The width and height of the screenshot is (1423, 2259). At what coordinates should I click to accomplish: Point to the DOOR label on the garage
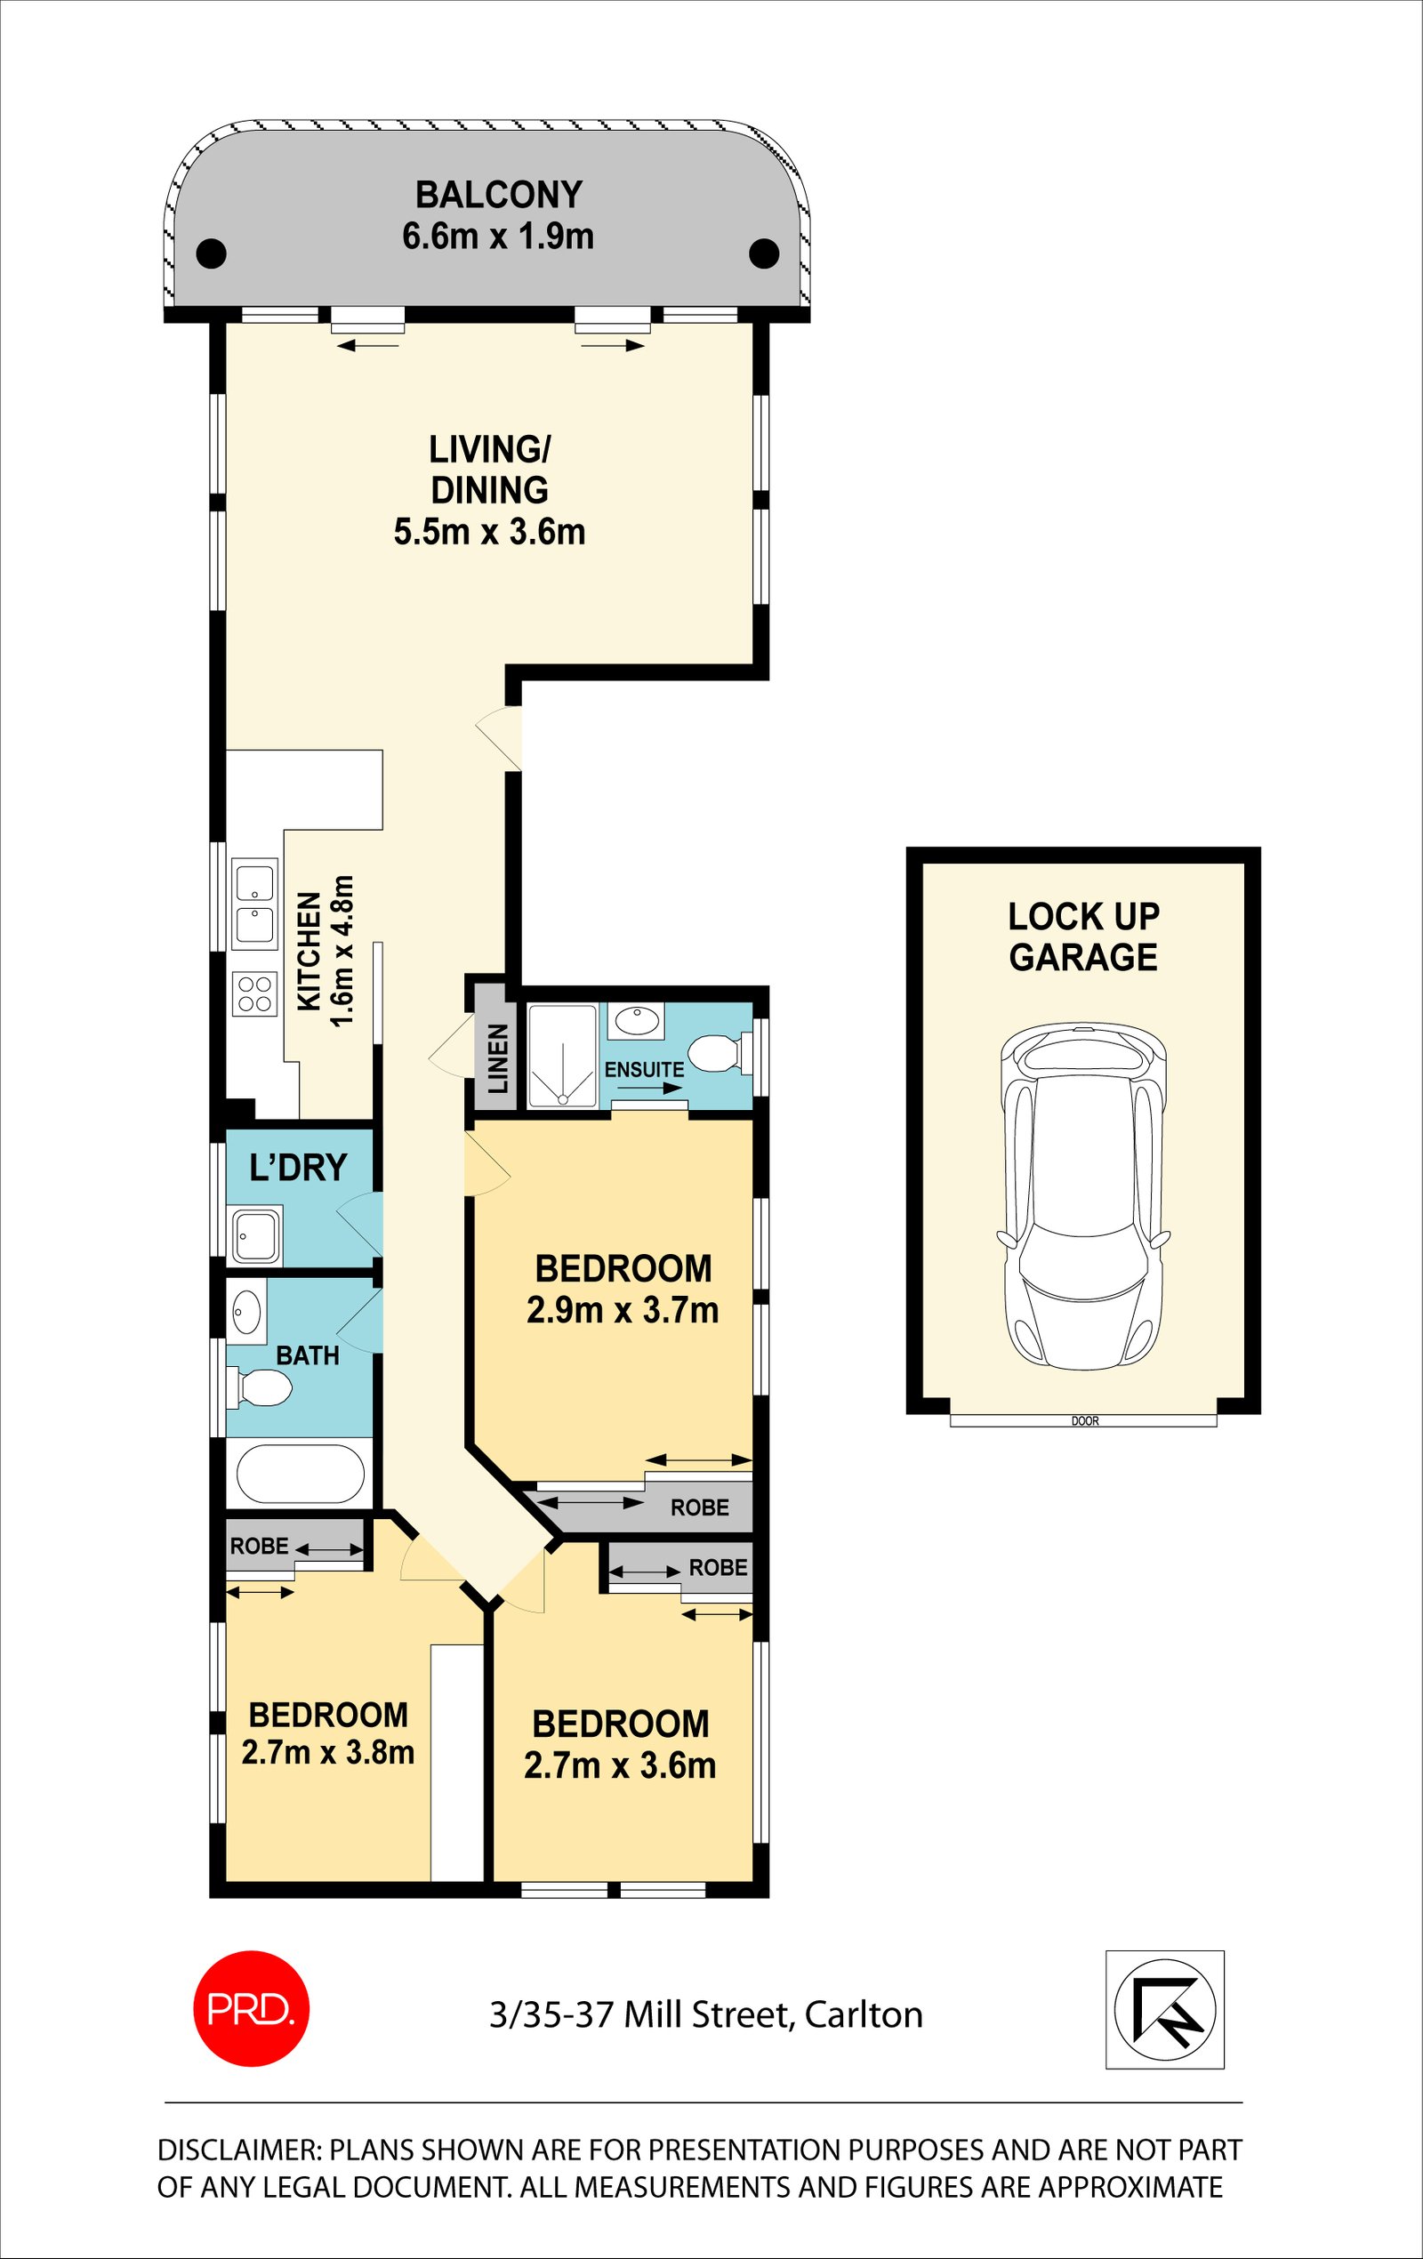point(1084,1421)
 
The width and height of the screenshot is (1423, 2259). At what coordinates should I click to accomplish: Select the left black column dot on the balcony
point(211,253)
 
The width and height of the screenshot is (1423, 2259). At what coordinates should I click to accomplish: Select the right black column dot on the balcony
point(765,253)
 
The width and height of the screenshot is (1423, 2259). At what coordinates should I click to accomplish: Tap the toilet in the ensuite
point(722,1050)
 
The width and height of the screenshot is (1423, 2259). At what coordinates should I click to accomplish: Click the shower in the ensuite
point(562,1056)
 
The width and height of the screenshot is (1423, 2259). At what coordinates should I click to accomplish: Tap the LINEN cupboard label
point(497,1058)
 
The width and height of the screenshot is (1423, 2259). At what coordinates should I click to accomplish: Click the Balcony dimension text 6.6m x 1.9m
point(498,237)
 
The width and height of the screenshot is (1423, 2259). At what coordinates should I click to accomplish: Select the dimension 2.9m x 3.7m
point(623,1311)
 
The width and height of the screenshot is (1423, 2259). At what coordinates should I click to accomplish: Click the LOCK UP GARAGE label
point(1083,937)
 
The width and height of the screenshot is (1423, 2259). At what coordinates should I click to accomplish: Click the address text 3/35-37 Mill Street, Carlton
point(705,2014)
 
